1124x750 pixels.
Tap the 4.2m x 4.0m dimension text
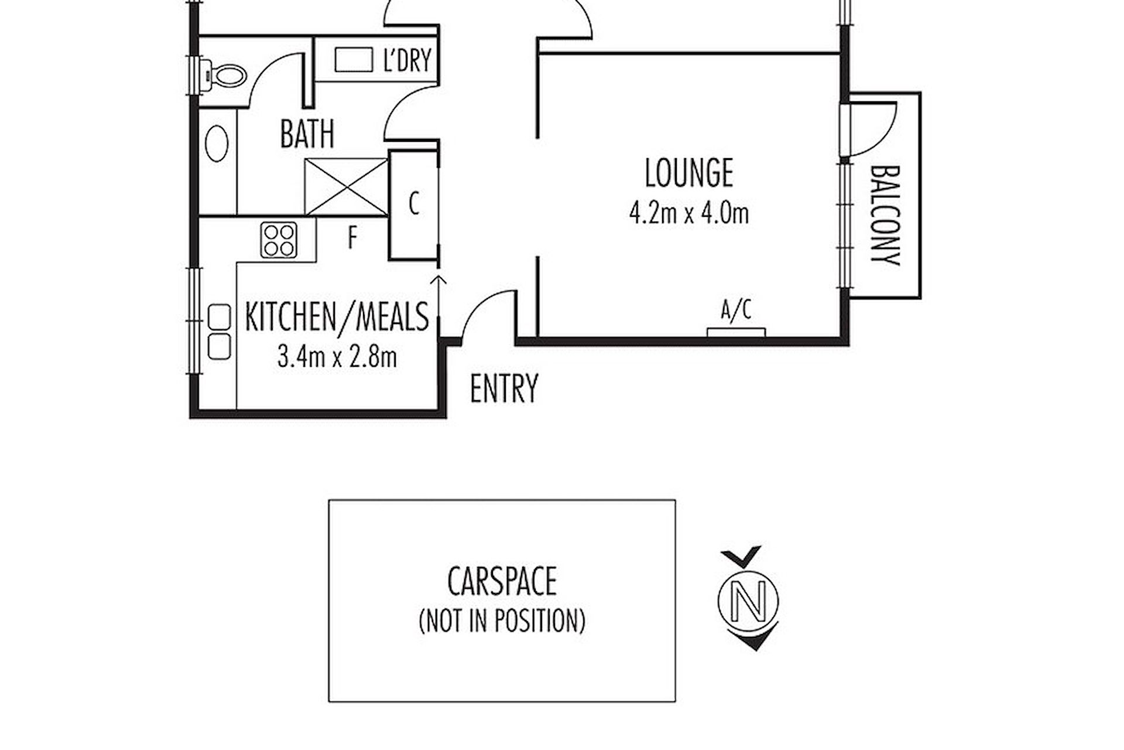tap(689, 213)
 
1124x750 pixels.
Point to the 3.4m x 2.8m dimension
tap(337, 356)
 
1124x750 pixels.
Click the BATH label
tap(307, 134)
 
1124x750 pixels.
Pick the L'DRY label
tap(407, 60)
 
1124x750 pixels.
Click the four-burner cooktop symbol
tap(279, 240)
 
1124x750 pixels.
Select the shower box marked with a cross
tap(347, 187)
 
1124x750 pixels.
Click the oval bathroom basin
tap(217, 143)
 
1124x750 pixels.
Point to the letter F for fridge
tap(352, 238)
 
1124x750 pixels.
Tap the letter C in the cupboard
tap(414, 204)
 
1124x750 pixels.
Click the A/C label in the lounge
tap(736, 311)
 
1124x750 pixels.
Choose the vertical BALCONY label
tap(885, 216)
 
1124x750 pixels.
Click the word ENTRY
tap(504, 388)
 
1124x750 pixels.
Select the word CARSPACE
tap(502, 581)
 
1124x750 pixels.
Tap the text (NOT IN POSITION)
tap(502, 621)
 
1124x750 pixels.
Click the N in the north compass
tap(749, 599)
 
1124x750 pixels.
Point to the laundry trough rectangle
tap(354, 60)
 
